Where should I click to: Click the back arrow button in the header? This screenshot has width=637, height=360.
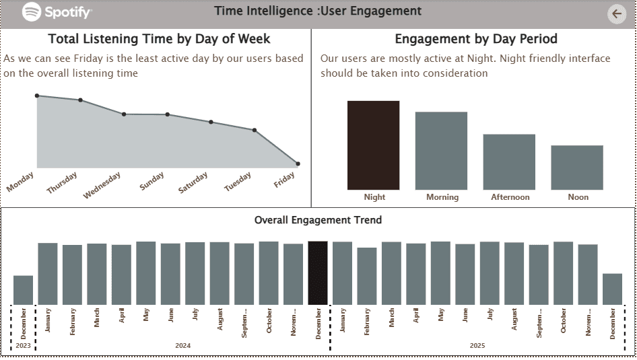pos(616,13)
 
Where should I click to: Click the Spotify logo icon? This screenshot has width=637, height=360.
pos(32,11)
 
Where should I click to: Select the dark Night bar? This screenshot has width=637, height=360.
pos(373,145)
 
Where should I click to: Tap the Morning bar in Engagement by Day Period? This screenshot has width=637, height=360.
pos(441,151)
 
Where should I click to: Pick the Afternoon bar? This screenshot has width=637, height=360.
pos(509,161)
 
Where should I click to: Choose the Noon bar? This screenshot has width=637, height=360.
pos(577,167)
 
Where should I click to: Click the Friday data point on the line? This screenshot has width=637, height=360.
pos(298,164)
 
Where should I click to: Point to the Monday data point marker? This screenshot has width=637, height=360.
pos(37,96)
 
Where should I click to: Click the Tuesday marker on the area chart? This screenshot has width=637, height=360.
pos(255,130)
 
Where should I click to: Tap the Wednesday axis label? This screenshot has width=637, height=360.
pos(102,186)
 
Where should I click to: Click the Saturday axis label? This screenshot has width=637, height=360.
pos(193,184)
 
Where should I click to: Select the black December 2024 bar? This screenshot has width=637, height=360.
pos(318,273)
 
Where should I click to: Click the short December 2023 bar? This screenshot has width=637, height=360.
pos(23,289)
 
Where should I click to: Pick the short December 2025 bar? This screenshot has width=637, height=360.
pos(612,289)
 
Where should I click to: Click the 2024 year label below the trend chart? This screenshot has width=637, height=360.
pos(182,346)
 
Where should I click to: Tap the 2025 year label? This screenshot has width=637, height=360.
pos(477,346)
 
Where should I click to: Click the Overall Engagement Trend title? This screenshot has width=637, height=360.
pos(318,220)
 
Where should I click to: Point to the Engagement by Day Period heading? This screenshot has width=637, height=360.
pos(476,39)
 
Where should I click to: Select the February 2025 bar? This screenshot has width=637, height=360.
pos(367,276)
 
